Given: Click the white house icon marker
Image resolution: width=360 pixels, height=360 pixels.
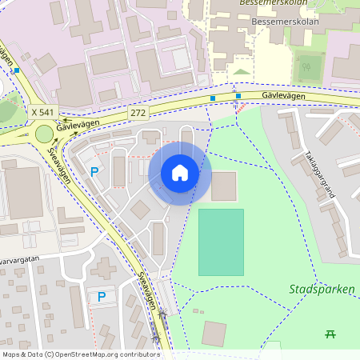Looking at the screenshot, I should coord(180,173).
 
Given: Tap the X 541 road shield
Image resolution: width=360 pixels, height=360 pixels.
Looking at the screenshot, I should coord(42,114).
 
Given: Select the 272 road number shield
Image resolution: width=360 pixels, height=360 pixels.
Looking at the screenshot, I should coord(138,114).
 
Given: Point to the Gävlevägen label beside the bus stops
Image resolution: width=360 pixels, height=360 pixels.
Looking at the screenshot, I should coord(285,94).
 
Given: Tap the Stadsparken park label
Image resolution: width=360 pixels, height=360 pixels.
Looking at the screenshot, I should coord(322,290).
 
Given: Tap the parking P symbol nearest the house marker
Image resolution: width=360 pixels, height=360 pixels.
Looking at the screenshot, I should coord(94,171).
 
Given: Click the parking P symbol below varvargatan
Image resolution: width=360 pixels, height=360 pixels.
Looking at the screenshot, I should coord(102,297).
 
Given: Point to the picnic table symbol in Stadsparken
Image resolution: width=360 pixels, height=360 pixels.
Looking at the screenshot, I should coord(330,334).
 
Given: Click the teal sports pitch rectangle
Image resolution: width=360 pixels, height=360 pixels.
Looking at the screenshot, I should coord(221,242).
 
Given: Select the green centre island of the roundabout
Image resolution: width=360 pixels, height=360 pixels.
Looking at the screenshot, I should coord(44,134).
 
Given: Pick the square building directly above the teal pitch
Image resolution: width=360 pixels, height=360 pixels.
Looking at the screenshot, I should coord(224,186).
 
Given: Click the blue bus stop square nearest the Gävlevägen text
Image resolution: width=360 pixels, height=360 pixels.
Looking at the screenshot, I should coord(238,96).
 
